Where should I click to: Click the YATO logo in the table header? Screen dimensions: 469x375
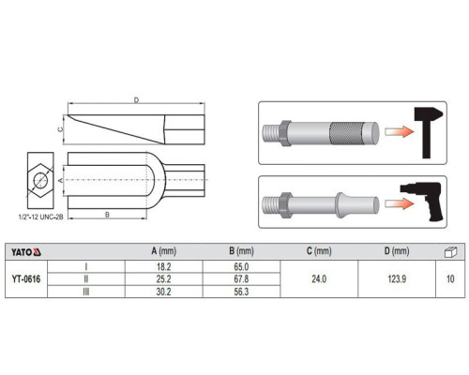point(26,252)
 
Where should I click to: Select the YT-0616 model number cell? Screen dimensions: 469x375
point(26,279)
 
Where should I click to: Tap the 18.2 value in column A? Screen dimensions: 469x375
point(163,267)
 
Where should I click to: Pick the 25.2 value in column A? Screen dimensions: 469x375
point(163,278)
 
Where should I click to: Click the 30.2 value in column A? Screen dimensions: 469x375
point(163,292)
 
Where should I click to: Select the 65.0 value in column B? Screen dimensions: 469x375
point(241,267)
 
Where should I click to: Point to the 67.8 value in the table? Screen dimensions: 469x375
point(241,278)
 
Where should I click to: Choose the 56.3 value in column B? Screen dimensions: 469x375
point(241,292)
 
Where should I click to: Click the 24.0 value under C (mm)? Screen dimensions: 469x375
point(319,278)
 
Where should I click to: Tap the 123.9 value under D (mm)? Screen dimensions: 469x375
point(397,278)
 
